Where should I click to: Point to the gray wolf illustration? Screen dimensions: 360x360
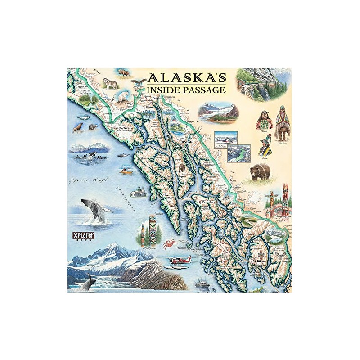click(110, 83)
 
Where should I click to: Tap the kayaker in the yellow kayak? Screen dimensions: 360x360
click(126, 171)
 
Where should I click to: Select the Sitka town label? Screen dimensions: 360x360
click(162, 194)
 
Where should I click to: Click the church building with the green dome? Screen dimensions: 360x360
click(139, 193)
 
